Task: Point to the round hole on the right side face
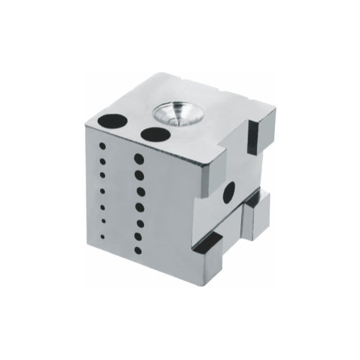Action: pos(229,192)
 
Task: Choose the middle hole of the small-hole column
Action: pos(102,189)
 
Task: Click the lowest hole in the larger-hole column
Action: pos(138,251)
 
